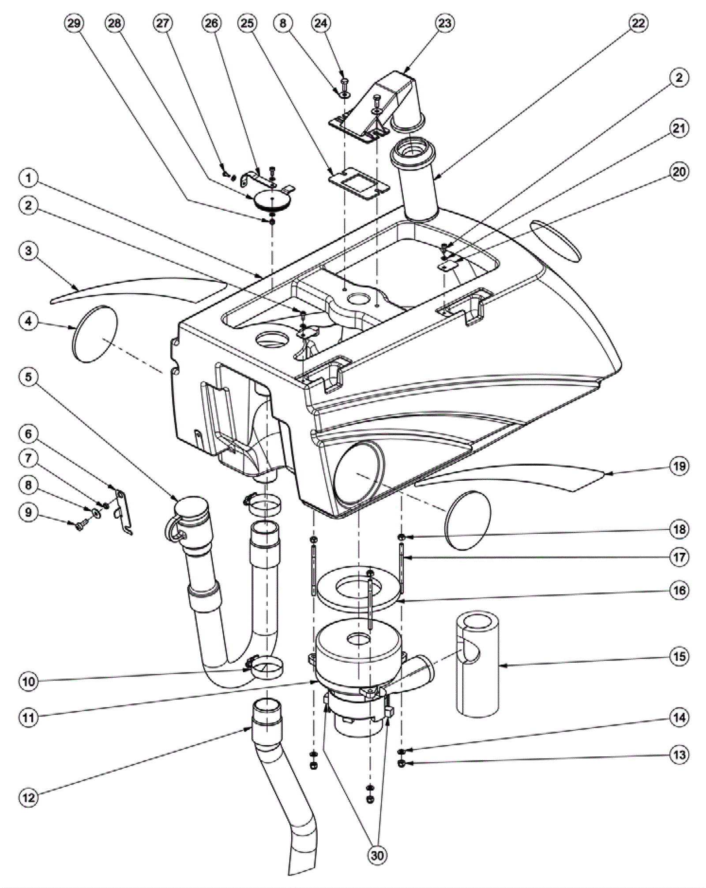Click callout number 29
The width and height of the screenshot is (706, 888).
point(74,23)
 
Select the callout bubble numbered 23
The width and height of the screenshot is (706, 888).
point(444,23)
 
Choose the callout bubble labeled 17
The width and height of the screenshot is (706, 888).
point(679,558)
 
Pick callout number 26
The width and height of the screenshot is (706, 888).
point(211,23)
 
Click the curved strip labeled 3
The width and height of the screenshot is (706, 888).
point(138,290)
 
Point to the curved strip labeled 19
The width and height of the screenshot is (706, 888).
point(508,478)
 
